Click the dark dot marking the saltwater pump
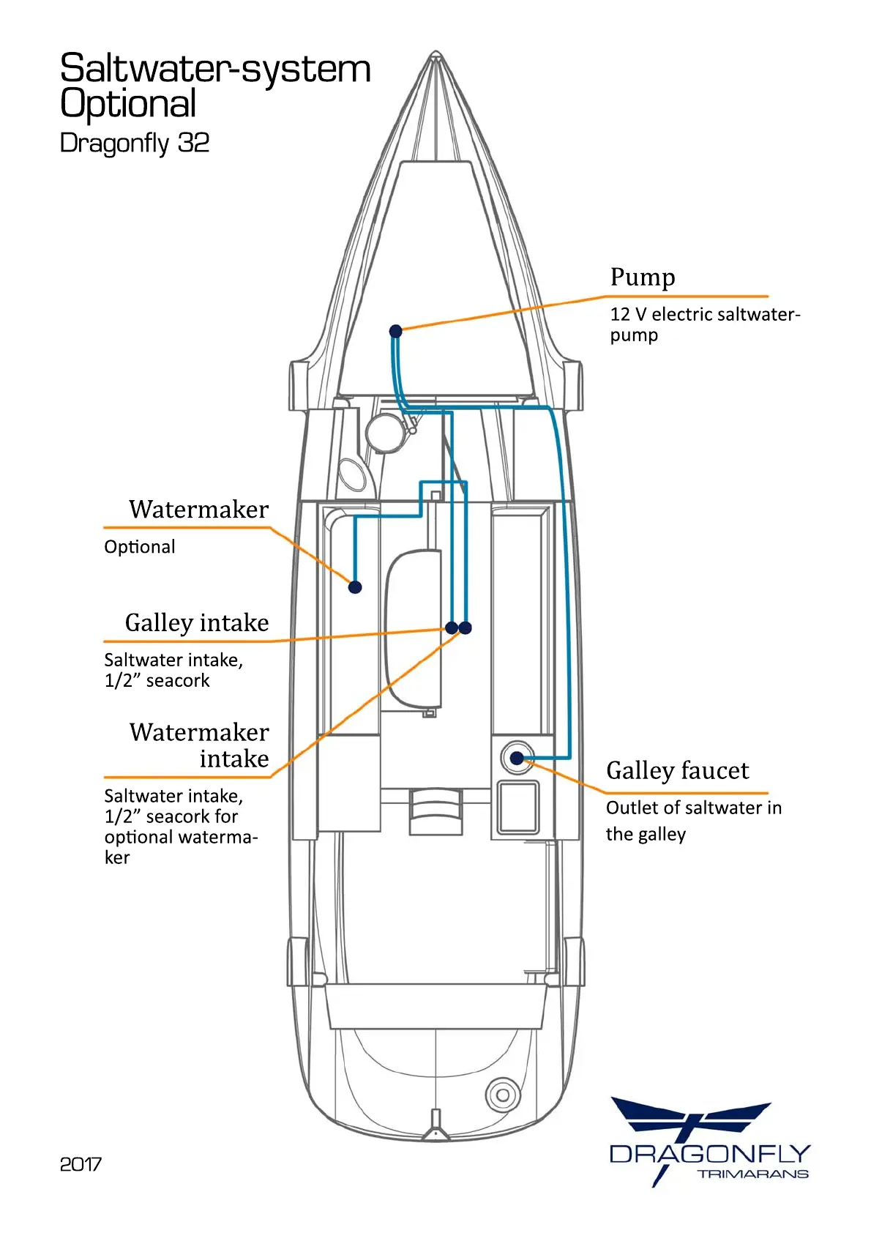tap(395, 331)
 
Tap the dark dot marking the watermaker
tap(355, 586)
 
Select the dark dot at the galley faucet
tap(517, 758)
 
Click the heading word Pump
tap(642, 277)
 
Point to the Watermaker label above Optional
tap(198, 509)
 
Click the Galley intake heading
tap(196, 622)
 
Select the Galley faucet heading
tap(677, 770)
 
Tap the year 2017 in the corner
tap(81, 1164)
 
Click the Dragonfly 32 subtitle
tap(135, 143)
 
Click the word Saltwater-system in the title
tap(215, 69)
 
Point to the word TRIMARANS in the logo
tap(752, 1174)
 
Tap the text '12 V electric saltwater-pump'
tap(704, 324)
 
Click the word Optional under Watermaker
tap(139, 547)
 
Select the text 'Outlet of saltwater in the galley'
tap(693, 820)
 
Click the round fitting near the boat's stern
tap(502, 1095)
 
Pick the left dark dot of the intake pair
tap(452, 627)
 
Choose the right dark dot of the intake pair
tap(466, 627)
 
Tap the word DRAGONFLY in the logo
tap(709, 1154)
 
